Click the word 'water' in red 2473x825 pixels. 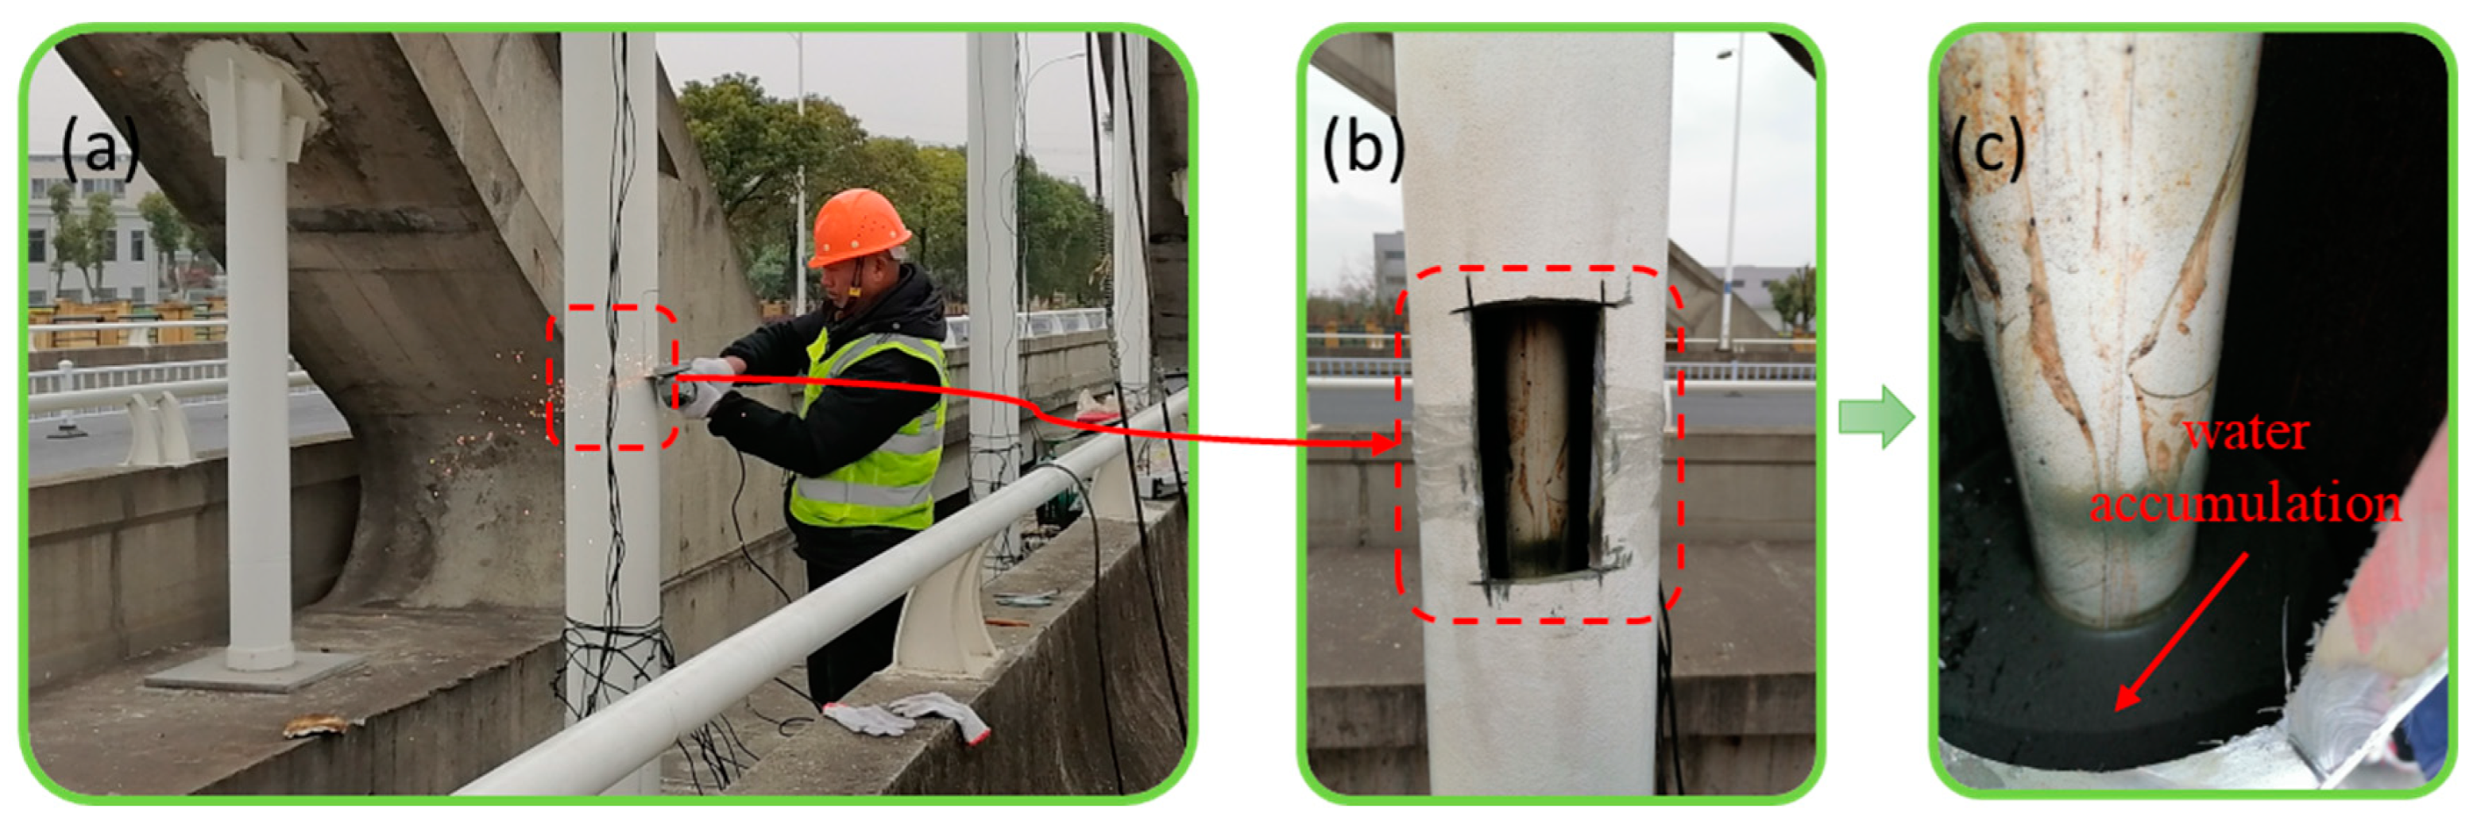point(2247,433)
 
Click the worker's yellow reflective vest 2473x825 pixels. point(869,432)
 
